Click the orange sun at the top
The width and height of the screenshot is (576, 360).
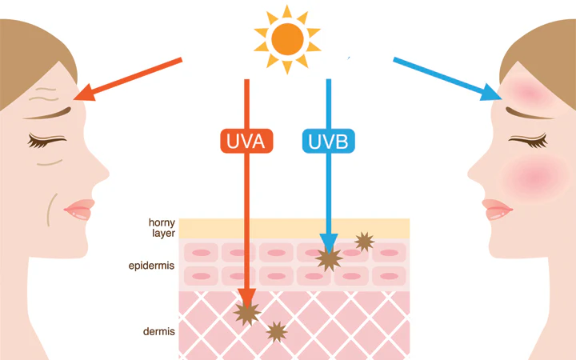(x=287, y=37)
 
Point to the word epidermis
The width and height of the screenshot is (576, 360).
(x=151, y=264)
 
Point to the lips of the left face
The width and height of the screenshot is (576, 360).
(x=78, y=210)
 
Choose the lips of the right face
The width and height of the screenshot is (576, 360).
(x=498, y=210)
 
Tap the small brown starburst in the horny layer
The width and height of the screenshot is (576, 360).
(x=364, y=241)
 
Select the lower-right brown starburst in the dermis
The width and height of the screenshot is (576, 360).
(x=276, y=330)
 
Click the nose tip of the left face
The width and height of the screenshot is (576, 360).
(x=106, y=170)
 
